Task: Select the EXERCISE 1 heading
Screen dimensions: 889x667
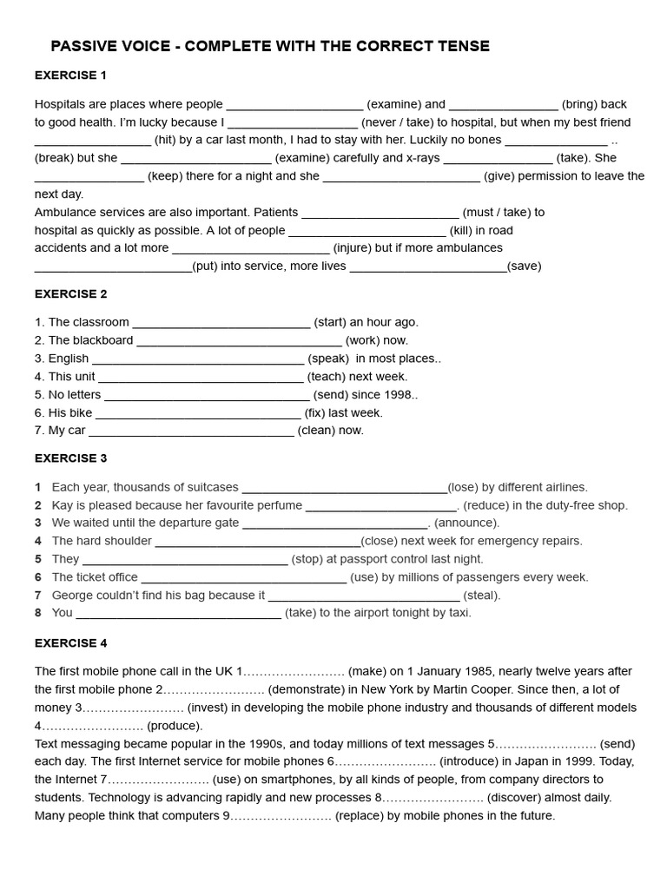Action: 71,76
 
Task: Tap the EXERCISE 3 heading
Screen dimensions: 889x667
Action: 71,458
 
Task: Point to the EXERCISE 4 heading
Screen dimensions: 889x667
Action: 71,643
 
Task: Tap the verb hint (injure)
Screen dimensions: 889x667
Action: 352,247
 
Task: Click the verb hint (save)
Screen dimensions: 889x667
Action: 524,266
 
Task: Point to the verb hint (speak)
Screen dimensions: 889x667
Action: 328,359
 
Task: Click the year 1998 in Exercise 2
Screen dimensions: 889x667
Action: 398,395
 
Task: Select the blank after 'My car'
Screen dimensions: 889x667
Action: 191,431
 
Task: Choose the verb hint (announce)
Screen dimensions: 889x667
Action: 466,523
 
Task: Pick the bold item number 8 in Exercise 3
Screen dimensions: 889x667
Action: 38,613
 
